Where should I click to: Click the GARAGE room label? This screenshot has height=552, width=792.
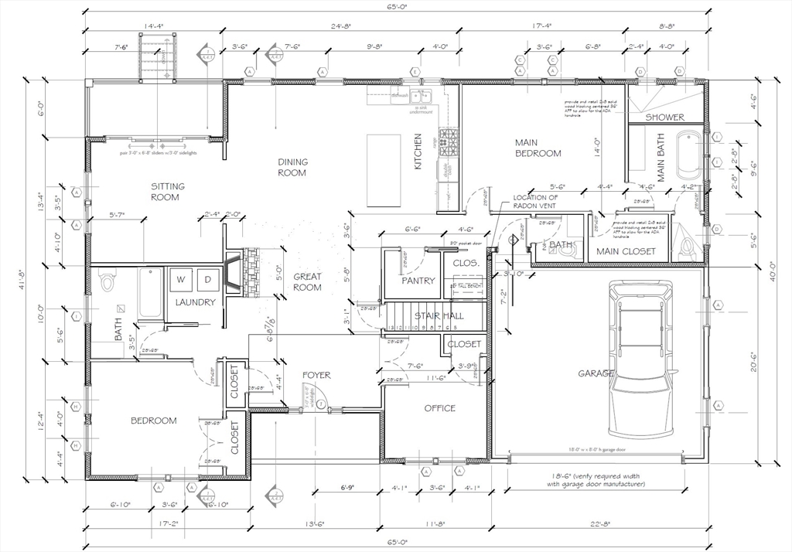point(596,373)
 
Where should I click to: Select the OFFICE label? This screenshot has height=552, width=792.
point(439,408)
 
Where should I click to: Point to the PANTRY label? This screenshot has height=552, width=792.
point(418,281)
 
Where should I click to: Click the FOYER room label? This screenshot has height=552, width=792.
point(316,375)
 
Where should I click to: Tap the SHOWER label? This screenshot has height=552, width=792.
point(665,118)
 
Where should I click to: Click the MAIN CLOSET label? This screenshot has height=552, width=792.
point(626,251)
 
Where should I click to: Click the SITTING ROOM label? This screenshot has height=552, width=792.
point(165,192)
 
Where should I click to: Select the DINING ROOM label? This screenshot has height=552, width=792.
point(292,167)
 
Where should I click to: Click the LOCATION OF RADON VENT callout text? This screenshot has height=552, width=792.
point(535,202)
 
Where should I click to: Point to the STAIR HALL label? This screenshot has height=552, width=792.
point(439,315)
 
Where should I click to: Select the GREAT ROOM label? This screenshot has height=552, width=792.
point(307,282)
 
